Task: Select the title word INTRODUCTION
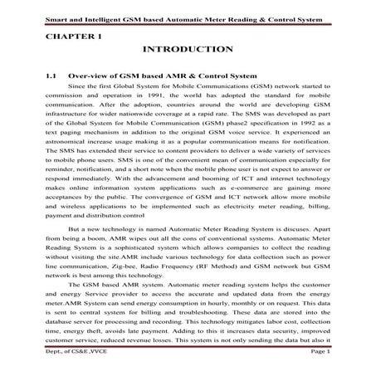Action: tap(188, 51)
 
